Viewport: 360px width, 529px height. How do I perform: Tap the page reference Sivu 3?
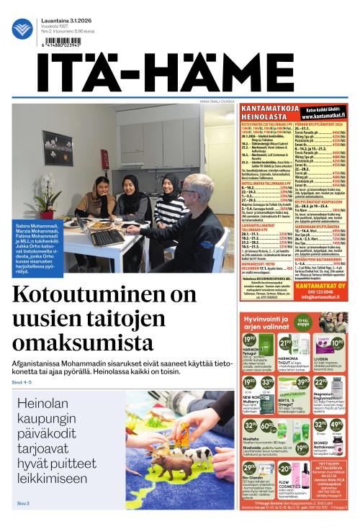point(23,503)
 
